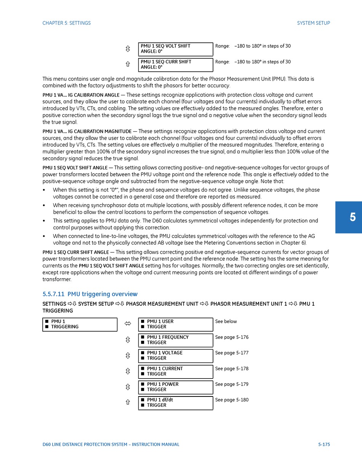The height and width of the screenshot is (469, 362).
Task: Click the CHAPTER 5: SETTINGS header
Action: (67, 23)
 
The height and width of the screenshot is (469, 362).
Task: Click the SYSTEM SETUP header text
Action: (313, 23)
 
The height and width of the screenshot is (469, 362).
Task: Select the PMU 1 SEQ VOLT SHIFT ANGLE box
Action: (175, 49)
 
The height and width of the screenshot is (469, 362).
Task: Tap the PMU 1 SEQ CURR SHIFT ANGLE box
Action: (175, 65)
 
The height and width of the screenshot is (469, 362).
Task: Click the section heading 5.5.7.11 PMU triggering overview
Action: (90, 294)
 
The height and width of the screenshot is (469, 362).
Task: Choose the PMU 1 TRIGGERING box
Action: (80, 324)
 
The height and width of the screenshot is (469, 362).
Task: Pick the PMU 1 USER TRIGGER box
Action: (175, 324)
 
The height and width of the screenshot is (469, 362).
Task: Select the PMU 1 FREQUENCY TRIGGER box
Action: (175, 340)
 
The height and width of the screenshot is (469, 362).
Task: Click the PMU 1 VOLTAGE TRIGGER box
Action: (175, 356)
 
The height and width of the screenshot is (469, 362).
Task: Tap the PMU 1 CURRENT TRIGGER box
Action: (175, 371)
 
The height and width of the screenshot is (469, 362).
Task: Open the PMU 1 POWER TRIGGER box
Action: (175, 387)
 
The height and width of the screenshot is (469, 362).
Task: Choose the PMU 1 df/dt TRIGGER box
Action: (175, 403)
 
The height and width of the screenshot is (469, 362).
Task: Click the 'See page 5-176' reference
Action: (232, 337)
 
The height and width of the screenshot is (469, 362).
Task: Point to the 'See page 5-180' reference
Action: (232, 400)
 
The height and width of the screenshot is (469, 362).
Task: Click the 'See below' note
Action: (226, 322)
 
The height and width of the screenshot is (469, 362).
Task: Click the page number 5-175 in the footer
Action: (324, 445)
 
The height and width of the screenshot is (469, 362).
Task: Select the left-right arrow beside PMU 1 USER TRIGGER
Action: (128, 324)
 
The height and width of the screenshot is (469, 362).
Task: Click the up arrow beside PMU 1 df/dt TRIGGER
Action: (128, 402)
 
